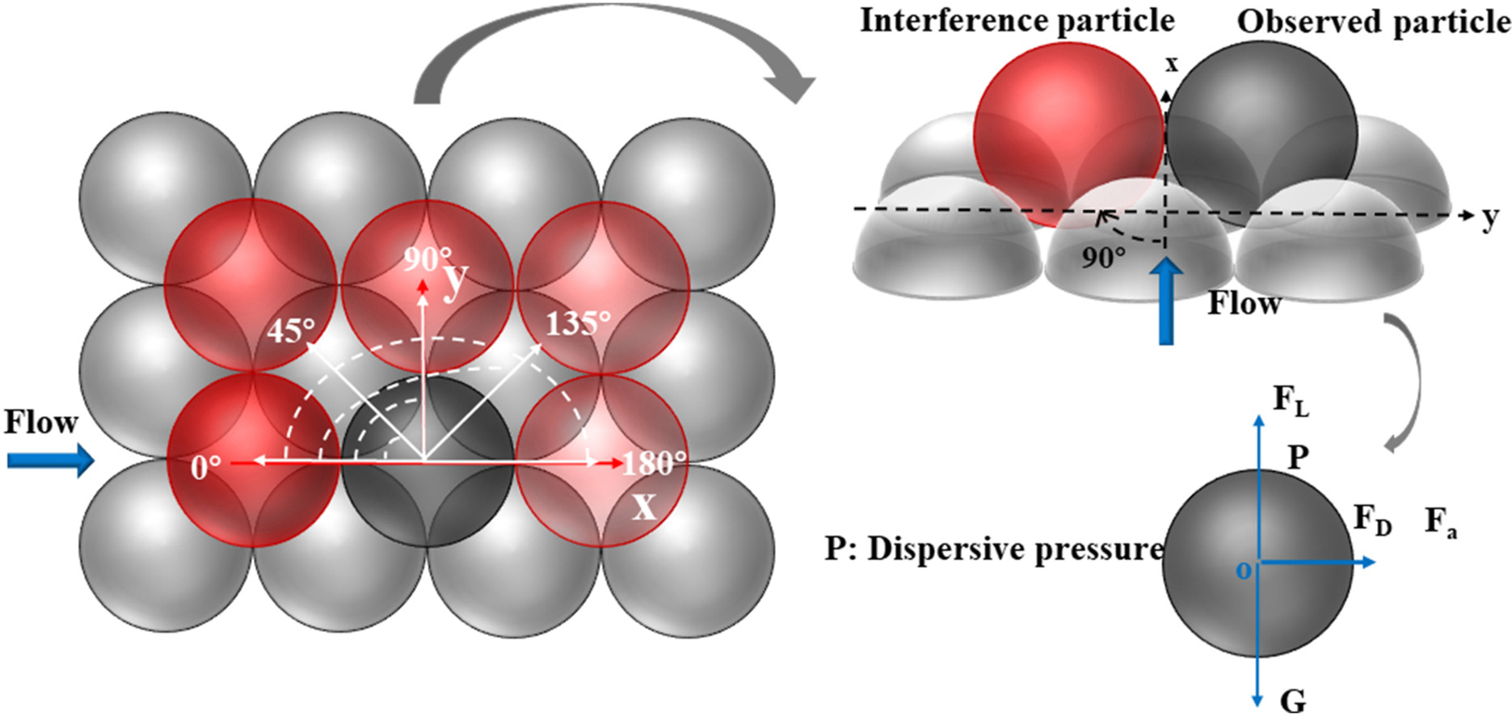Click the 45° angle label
point(291,330)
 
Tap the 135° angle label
point(578,323)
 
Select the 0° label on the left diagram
point(206,466)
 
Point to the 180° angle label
point(655,463)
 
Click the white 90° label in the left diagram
point(427,259)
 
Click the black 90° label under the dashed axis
point(1103,258)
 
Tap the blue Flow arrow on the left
point(50,461)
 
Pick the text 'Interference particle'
point(1017,20)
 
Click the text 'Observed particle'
point(1374,22)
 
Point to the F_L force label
point(1291,400)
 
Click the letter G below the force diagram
point(1293,700)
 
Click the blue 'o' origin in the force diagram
point(1243,571)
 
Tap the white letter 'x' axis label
point(643,507)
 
